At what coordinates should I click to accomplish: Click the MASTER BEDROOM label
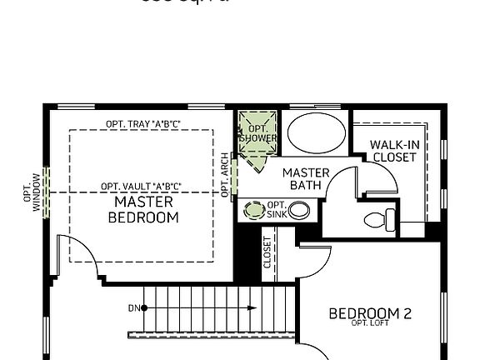click(143, 209)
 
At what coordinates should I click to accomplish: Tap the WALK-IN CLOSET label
click(394, 151)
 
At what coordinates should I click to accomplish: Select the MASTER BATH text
click(305, 178)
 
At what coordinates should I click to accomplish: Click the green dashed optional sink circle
click(252, 210)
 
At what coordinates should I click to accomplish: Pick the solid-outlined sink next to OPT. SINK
click(298, 210)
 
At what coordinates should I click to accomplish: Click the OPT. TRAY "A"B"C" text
click(143, 124)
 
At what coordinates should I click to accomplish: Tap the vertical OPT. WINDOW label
click(31, 191)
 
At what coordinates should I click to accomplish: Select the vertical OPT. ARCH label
click(225, 174)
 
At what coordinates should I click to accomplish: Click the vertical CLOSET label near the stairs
click(267, 253)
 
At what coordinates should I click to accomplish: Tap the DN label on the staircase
click(132, 308)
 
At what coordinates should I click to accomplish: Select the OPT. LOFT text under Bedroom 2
click(371, 324)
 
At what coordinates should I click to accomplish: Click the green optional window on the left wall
click(47, 191)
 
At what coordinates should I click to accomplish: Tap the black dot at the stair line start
click(144, 308)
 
